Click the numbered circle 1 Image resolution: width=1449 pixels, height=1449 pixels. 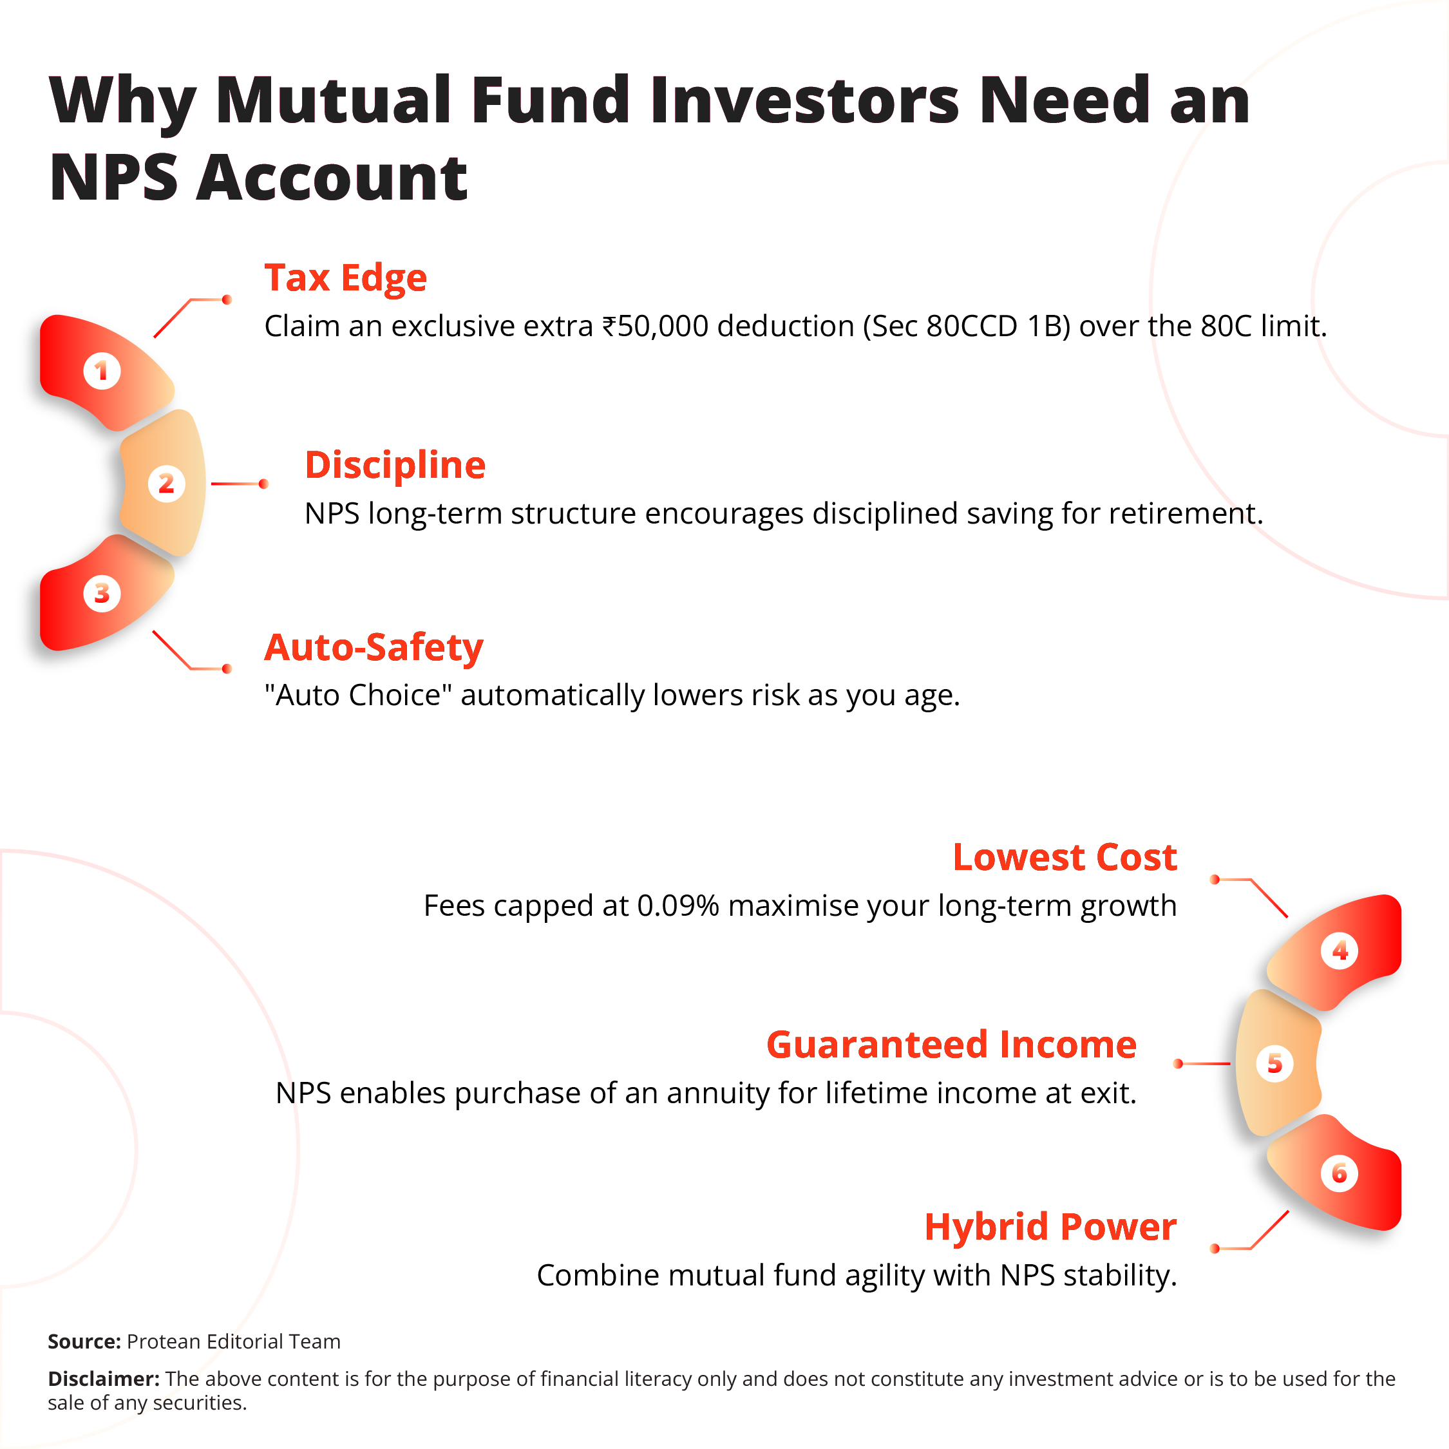[x=102, y=370]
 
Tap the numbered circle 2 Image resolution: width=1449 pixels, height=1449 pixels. [x=166, y=484]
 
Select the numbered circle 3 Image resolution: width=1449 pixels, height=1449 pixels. [x=102, y=593]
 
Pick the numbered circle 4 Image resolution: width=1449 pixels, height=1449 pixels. [x=1340, y=951]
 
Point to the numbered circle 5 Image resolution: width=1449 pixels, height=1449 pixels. [x=1274, y=1063]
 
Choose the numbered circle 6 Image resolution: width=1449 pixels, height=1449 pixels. [x=1340, y=1173]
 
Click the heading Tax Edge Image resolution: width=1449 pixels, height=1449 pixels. [x=345, y=278]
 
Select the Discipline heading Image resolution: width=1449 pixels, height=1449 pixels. [x=395, y=465]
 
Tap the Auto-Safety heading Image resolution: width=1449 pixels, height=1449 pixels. [x=374, y=647]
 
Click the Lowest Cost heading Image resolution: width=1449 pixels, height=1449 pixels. [x=1065, y=857]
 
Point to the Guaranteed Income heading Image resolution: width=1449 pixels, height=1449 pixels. [x=951, y=1045]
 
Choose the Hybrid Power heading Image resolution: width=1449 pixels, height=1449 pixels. [x=1050, y=1227]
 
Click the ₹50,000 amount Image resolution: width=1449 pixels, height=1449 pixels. [x=656, y=327]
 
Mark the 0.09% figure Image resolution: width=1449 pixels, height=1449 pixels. [x=678, y=906]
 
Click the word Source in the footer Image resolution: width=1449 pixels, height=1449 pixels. [x=84, y=1341]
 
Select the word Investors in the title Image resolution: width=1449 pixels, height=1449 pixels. [x=805, y=100]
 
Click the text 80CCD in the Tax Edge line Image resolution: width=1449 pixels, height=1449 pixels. [x=972, y=327]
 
